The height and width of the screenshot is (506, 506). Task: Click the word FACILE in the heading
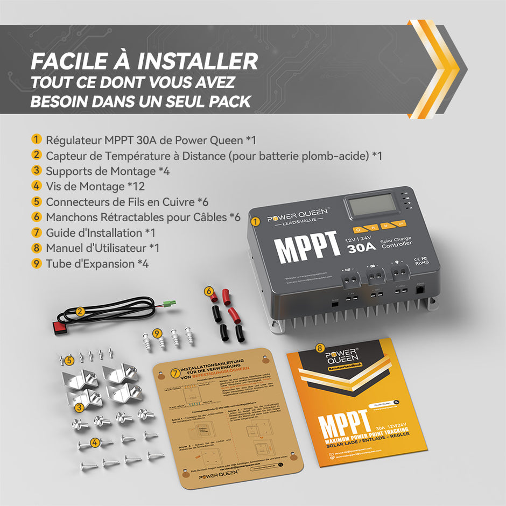tap(64, 60)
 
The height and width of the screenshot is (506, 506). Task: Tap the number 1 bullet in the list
tap(37, 139)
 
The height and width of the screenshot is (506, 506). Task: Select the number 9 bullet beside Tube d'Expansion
tap(37, 263)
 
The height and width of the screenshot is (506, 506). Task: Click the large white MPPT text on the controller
tap(306, 249)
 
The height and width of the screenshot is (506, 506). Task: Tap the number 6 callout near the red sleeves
tap(208, 291)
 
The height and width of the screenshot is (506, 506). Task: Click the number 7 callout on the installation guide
tap(174, 373)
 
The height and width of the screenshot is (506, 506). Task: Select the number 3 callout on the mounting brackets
tap(80, 407)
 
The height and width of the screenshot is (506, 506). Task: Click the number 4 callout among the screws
tap(95, 442)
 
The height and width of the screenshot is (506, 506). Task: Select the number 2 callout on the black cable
tap(80, 311)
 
